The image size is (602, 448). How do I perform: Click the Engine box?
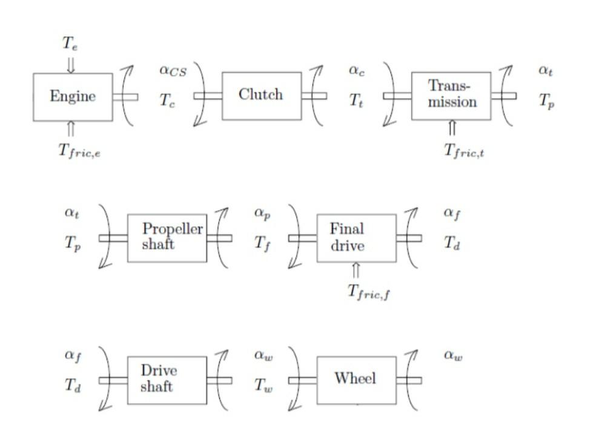pos(73,97)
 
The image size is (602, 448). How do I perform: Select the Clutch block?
pos(261,96)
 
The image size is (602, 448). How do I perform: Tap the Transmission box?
pos(451,95)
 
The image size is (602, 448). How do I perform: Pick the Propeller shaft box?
pos(167,237)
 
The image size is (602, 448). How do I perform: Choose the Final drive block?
pos(356,237)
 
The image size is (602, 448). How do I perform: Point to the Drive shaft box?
pos(167,380)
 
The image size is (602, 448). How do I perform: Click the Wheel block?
pos(356,380)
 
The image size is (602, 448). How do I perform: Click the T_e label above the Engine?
pos(70,43)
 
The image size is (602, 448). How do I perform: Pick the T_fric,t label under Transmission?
pos(465,151)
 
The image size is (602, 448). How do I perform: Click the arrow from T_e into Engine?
pos(71,64)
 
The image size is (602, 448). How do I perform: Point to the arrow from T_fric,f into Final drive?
pos(356,270)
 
